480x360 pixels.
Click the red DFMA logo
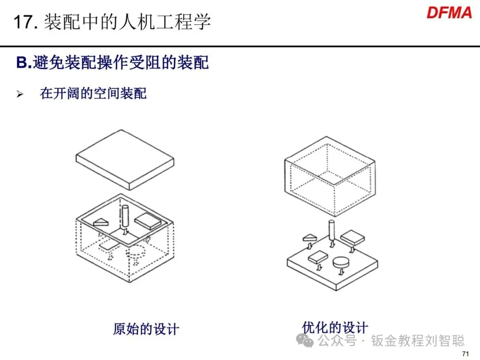click(449, 12)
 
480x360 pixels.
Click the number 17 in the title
click(23, 22)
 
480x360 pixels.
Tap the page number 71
click(466, 354)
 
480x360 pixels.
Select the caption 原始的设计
click(146, 329)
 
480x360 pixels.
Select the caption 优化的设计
click(335, 327)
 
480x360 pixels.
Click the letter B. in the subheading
click(24, 63)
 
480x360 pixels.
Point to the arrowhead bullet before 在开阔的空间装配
click(20, 94)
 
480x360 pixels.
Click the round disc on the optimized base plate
click(341, 262)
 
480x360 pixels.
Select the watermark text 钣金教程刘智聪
click(418, 341)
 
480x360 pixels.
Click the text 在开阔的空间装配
click(93, 94)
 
